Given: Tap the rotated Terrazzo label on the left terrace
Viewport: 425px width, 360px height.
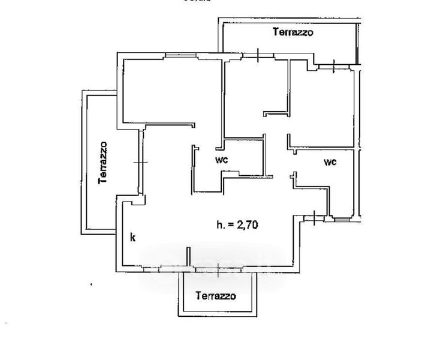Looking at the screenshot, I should (104, 162).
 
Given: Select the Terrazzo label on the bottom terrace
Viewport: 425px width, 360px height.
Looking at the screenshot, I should (215, 296).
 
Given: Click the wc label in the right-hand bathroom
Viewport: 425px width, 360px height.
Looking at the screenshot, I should (330, 162).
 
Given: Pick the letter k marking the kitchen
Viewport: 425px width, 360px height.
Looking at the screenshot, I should (132, 238).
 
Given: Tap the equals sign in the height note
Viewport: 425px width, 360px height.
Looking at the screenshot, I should (230, 225).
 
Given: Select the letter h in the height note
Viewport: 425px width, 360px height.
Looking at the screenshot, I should (219, 225).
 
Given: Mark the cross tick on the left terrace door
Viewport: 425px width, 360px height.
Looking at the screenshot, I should (140, 162).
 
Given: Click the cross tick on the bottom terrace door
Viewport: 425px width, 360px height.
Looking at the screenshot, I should (218, 270).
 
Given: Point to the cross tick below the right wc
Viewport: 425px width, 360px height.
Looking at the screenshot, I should (315, 218).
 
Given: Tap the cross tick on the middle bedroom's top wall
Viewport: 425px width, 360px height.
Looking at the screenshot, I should (258, 56).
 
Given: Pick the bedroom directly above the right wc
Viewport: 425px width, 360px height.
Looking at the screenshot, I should (324, 108).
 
